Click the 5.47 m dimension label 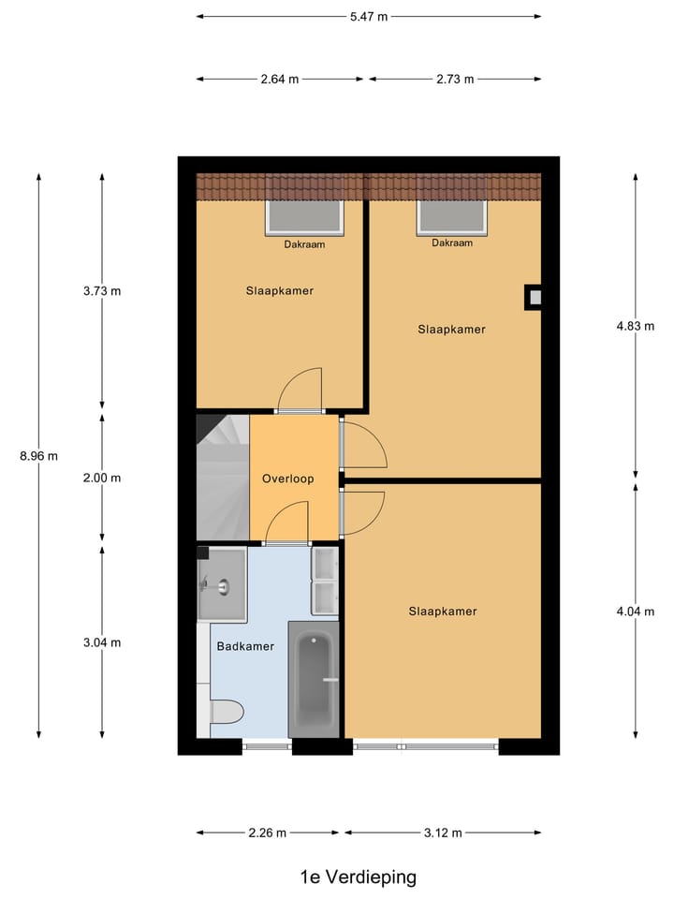click(x=369, y=16)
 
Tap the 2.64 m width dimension click(x=280, y=80)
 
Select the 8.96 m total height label click(x=38, y=456)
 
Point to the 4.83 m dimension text click(x=635, y=326)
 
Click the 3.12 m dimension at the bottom click(x=443, y=833)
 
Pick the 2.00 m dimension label click(x=102, y=478)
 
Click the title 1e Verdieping click(x=359, y=877)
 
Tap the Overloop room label click(x=287, y=479)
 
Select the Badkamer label click(x=245, y=646)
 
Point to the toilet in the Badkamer click(x=227, y=712)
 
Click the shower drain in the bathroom click(x=223, y=587)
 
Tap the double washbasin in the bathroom click(x=325, y=581)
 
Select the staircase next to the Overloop click(x=223, y=478)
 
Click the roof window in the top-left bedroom click(x=307, y=218)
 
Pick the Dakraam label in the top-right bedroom click(x=452, y=243)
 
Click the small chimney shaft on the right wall click(x=534, y=298)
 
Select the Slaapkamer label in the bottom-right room click(x=443, y=612)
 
